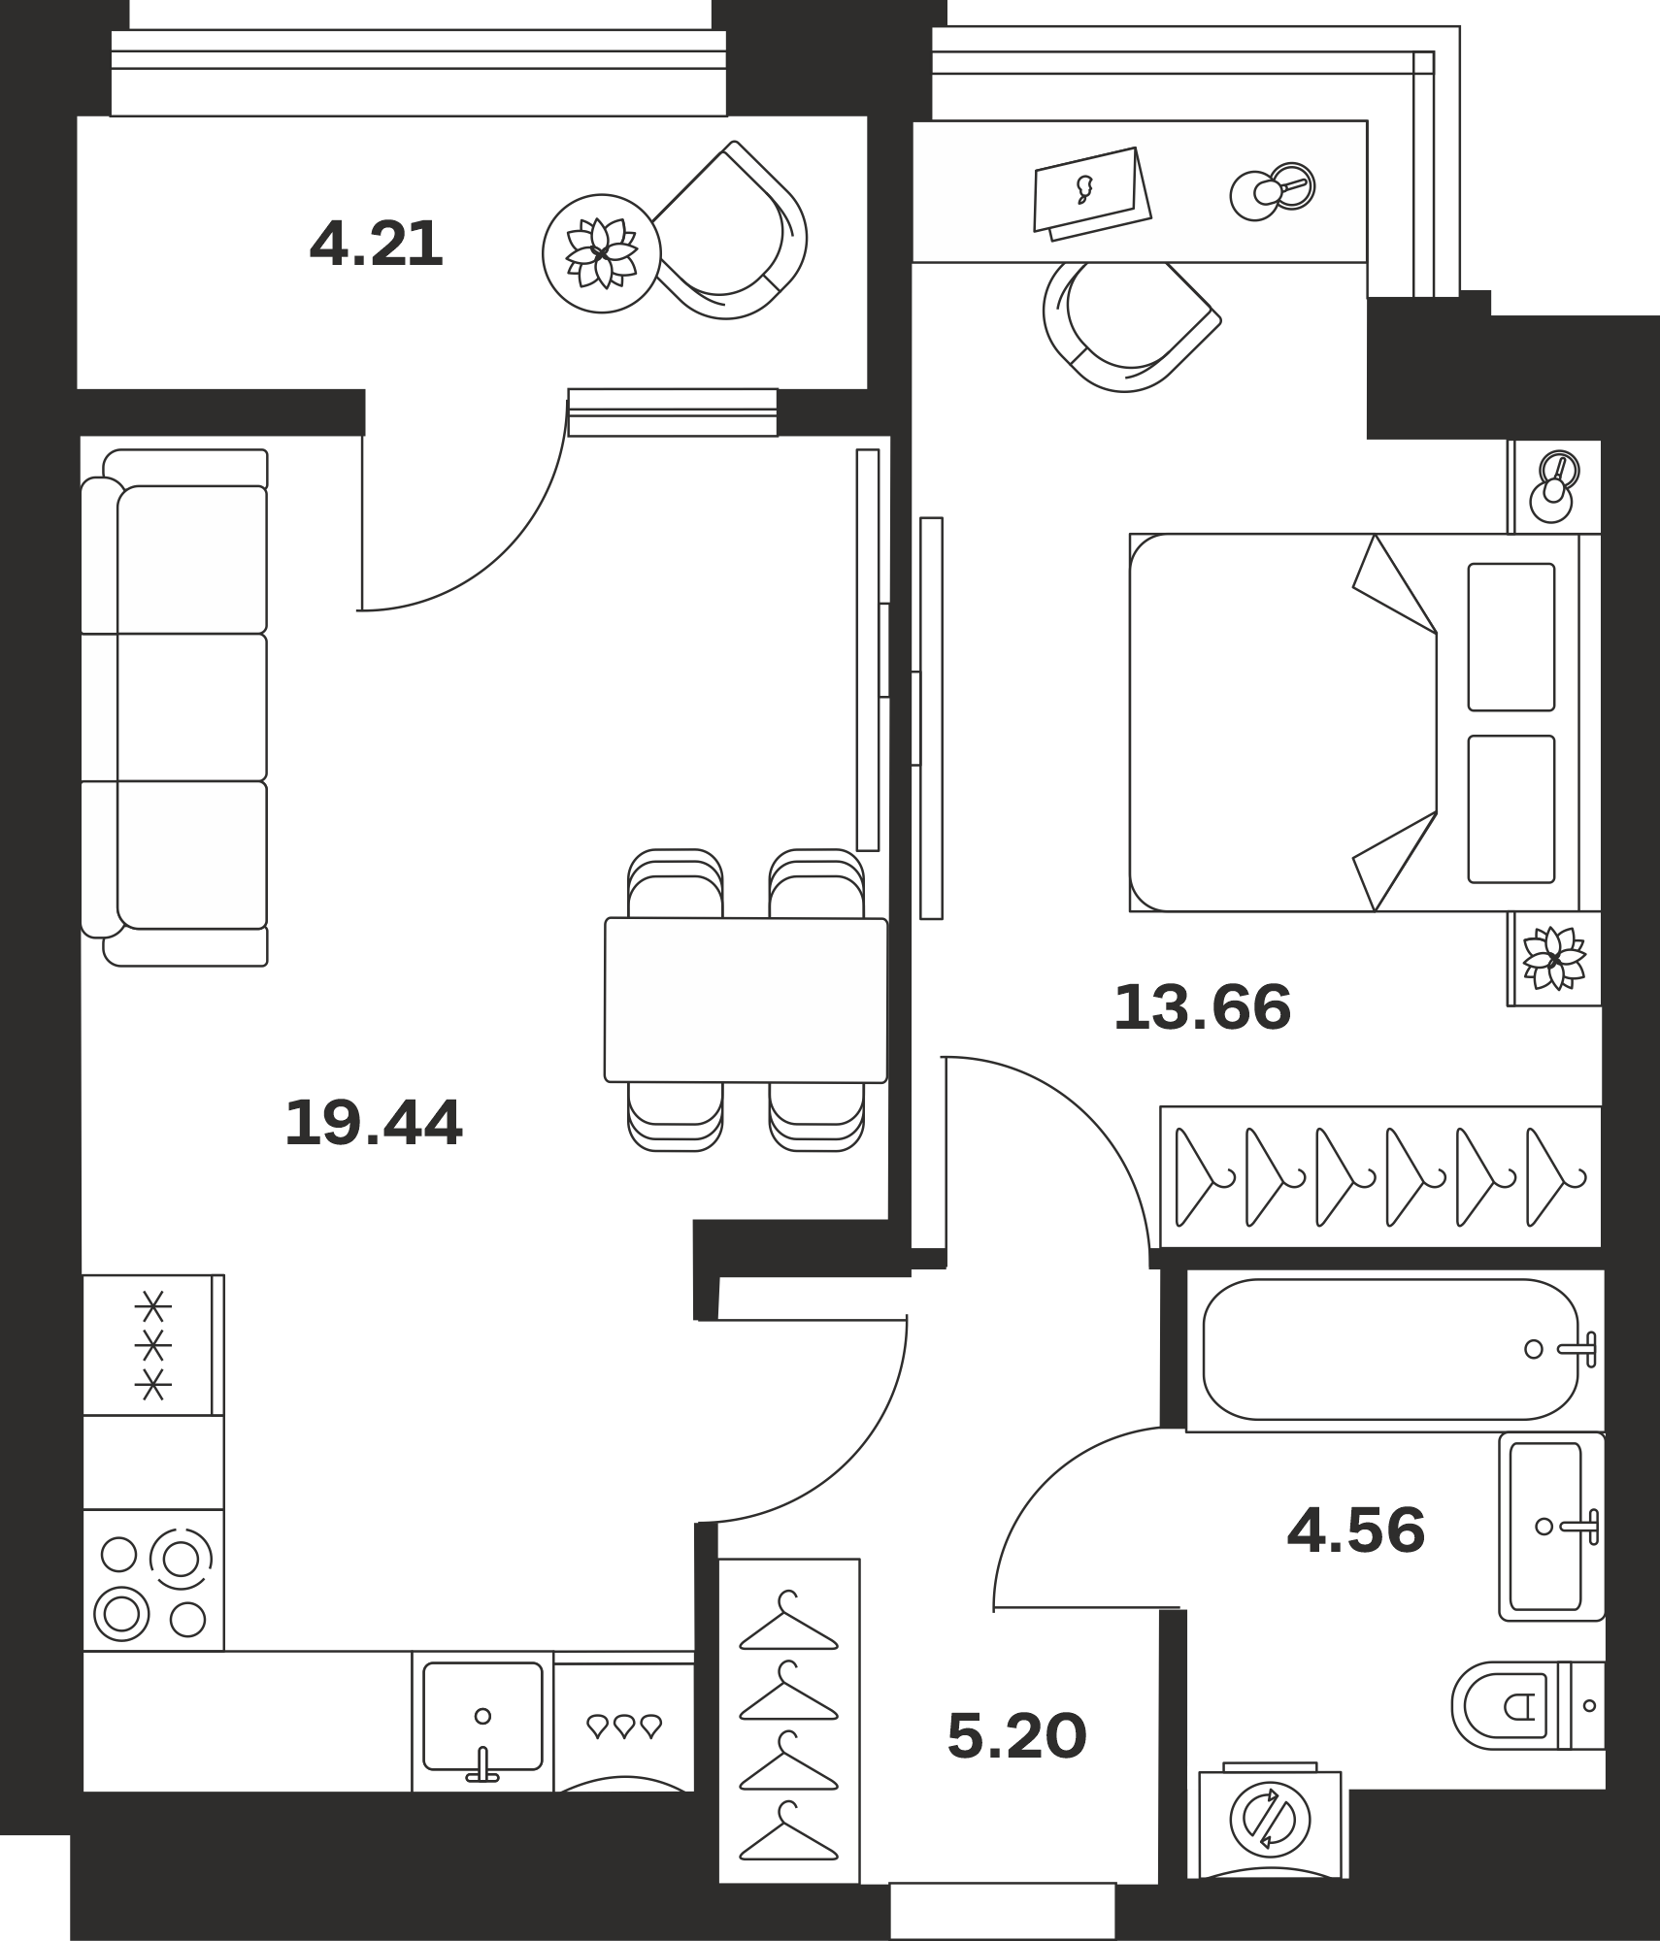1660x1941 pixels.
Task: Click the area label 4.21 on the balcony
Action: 376,244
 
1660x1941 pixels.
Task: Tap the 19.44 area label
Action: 374,1123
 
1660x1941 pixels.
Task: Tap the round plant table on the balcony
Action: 601,253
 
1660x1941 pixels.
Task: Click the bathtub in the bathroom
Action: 1391,1349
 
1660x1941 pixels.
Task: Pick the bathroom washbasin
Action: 1551,1526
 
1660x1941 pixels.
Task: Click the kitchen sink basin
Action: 482,1716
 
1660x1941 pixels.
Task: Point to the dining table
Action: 746,1000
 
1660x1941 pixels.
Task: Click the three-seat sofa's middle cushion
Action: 192,707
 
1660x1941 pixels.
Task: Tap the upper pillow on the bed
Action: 1511,637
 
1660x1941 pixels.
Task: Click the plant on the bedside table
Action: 1554,959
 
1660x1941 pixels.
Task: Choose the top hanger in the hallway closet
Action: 788,1621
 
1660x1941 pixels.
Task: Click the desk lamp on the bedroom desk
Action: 1273,190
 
